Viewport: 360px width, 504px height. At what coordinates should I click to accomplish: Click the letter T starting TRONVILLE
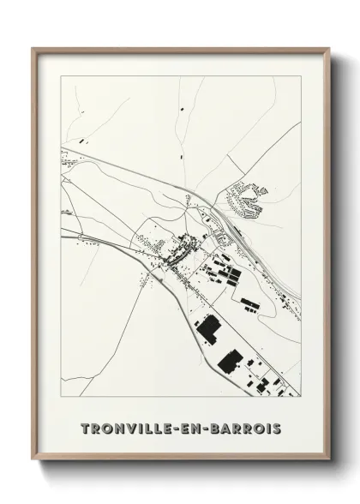coord(84,428)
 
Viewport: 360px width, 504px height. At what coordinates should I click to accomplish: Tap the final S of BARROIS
coord(279,428)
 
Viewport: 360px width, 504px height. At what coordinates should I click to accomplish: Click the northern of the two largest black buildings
coord(208,327)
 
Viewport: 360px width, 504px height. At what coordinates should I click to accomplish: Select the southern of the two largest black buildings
coord(230,360)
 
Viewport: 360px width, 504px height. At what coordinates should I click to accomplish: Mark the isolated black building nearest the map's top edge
coord(183,109)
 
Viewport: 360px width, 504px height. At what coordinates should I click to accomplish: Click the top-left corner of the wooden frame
coord(33,49)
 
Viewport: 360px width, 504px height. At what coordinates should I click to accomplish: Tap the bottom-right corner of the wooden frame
coord(331,461)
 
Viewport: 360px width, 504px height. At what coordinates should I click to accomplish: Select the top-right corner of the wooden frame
coord(331,49)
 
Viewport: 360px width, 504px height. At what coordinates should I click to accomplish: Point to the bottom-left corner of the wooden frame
coord(33,461)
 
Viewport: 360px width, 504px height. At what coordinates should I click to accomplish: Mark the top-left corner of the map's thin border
coord(61,75)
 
